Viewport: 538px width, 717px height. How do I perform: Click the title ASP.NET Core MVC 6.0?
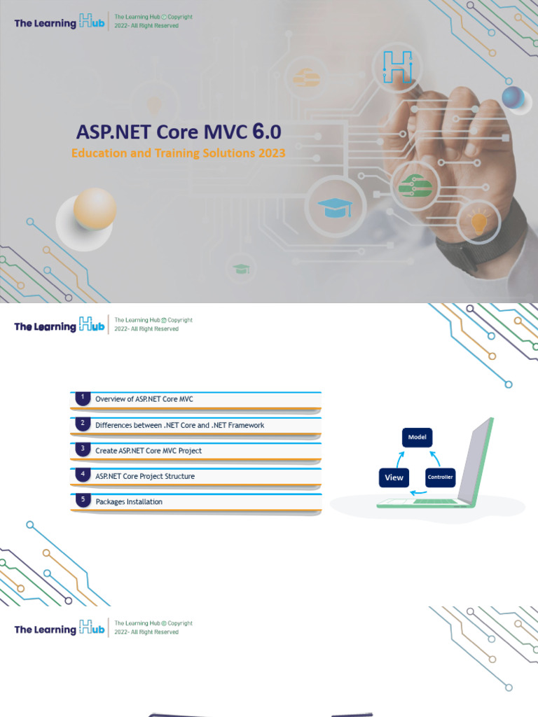click(x=179, y=132)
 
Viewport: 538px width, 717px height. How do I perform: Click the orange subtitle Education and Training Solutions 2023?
click(x=179, y=153)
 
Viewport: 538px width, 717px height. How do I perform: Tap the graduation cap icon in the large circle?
click(x=335, y=207)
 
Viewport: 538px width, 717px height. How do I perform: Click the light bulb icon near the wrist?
click(x=478, y=223)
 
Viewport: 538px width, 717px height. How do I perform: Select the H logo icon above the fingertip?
click(x=397, y=67)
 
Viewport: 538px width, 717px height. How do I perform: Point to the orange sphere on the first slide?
click(x=95, y=208)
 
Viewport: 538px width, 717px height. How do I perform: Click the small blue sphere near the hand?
click(x=513, y=97)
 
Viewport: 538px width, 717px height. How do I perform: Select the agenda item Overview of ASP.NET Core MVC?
click(x=144, y=400)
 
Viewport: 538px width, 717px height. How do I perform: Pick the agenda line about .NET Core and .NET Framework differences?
click(x=180, y=425)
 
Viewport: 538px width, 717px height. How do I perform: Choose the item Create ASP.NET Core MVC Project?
click(x=149, y=451)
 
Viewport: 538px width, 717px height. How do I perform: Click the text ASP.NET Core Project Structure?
click(x=145, y=476)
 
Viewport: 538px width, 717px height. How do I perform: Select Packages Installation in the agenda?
click(x=129, y=502)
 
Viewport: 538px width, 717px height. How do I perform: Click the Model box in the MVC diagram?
click(x=418, y=438)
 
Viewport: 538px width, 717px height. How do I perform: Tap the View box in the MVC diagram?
click(x=394, y=478)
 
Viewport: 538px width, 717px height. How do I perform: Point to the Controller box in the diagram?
click(x=441, y=478)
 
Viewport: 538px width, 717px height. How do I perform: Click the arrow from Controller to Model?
click(x=435, y=459)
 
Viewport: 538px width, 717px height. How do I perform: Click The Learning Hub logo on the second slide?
click(x=60, y=325)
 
